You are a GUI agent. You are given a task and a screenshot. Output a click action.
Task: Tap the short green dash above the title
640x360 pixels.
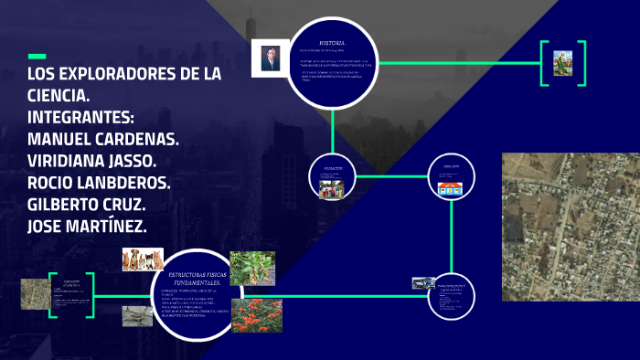point(37,56)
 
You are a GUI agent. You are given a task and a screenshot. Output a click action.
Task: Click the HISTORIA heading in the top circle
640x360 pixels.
point(332,43)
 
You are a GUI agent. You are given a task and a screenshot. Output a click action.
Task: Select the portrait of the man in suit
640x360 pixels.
point(270,59)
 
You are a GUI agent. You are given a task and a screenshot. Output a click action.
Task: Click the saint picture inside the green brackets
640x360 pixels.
point(561,63)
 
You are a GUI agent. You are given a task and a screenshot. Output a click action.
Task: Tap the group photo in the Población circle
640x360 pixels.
point(331,188)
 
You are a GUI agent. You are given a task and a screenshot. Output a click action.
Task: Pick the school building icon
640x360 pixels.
point(449,189)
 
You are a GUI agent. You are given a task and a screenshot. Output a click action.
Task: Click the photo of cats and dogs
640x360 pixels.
point(143,259)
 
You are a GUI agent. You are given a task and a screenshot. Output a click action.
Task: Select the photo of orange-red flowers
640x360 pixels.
point(256,315)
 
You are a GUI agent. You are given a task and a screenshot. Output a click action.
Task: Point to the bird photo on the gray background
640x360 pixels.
point(137,315)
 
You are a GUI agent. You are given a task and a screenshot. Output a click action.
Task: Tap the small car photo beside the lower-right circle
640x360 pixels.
point(422,283)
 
